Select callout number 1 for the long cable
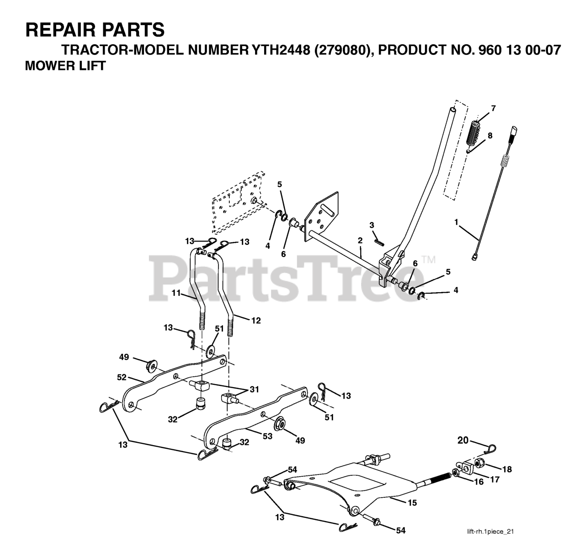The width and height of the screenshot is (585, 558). click(x=456, y=222)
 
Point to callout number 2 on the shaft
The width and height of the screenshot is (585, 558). click(x=360, y=240)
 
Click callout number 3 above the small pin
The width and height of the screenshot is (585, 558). click(x=372, y=225)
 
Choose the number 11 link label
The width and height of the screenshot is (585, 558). click(x=177, y=293)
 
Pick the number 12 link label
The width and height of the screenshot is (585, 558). click(x=255, y=321)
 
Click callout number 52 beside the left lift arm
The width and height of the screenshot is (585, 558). click(x=121, y=378)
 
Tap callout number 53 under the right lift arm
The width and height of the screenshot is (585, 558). click(x=267, y=436)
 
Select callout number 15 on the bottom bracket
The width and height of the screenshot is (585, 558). click(x=412, y=502)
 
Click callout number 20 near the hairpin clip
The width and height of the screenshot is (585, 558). click(x=463, y=440)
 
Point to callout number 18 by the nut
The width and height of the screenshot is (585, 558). click(x=507, y=469)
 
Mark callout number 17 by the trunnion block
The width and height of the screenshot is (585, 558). click(x=495, y=480)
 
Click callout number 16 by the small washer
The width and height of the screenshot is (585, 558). click(x=479, y=482)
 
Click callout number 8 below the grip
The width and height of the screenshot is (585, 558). click(x=490, y=136)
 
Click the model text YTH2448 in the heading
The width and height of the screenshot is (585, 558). click(x=279, y=49)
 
